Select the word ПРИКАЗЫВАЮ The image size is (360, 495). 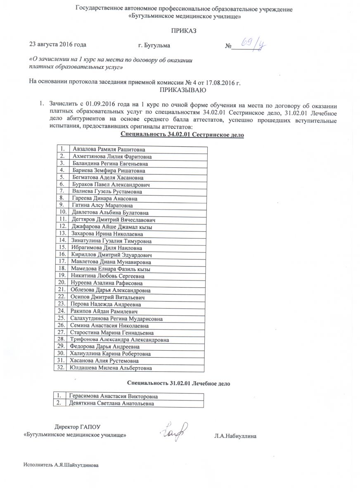point(182,90)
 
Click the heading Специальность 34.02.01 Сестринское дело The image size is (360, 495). point(182,135)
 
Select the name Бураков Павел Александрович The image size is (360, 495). point(111,185)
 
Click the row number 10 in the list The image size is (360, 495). point(61,213)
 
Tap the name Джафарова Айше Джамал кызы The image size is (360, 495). point(111,227)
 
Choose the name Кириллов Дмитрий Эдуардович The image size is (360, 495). point(111,255)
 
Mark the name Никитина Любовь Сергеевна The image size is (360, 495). point(108,276)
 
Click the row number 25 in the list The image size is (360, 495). point(61,318)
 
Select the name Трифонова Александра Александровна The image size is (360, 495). point(120,339)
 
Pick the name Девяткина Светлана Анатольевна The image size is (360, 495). point(111,403)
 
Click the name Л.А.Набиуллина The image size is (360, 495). point(236,436)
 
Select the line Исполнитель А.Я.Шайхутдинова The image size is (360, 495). point(61,465)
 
